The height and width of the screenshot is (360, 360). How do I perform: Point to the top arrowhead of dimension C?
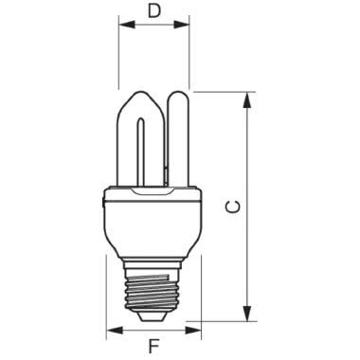[x=248, y=96]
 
